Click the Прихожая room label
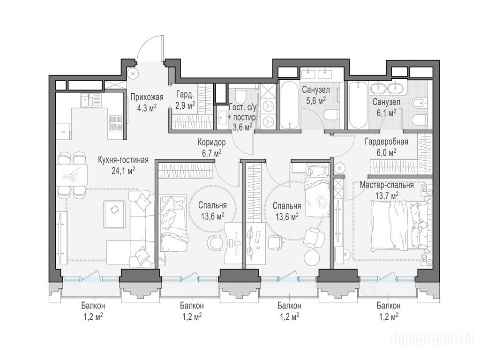147,97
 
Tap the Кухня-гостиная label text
123,160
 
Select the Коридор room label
211,142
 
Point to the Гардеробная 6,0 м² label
386,146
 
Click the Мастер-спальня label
387,185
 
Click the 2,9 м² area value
185,106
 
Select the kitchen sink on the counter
90,100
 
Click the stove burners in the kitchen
115,123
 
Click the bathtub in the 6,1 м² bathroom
359,105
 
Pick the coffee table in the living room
114,214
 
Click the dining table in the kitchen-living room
72,175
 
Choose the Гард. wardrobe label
185,95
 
